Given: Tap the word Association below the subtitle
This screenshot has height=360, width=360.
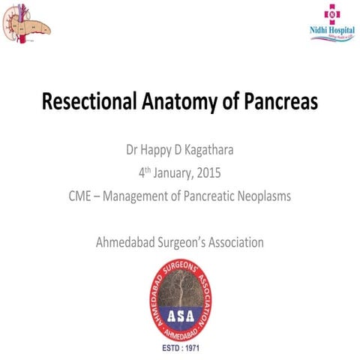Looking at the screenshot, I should tap(238, 242).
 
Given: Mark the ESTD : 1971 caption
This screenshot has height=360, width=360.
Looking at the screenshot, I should tap(180, 350).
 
